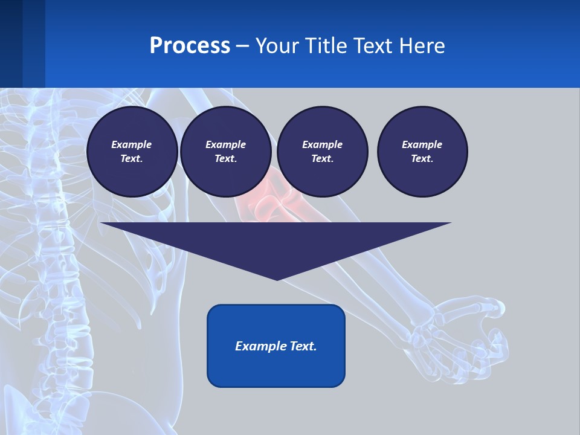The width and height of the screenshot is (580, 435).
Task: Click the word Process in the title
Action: [x=190, y=46]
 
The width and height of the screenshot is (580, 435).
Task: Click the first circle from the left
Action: [x=132, y=152]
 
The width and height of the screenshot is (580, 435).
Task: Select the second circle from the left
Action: [x=225, y=152]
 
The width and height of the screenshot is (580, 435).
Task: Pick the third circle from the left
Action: [x=322, y=152]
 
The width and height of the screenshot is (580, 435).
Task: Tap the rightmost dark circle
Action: [x=422, y=152]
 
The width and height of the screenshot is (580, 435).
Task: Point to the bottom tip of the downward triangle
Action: [x=277, y=279]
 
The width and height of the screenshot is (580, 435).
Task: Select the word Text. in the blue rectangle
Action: [x=301, y=346]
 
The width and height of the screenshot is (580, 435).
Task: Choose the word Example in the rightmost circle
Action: [x=422, y=144]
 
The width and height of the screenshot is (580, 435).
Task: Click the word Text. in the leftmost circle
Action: [x=132, y=158]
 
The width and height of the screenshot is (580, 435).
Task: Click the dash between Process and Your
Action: [x=242, y=46]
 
